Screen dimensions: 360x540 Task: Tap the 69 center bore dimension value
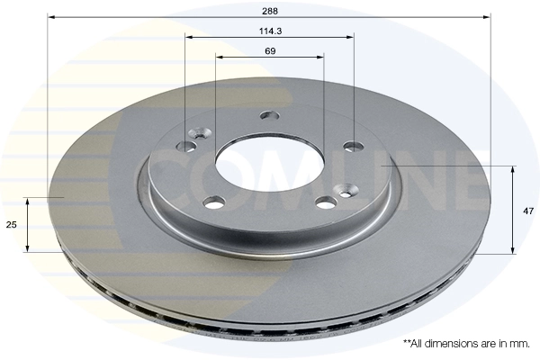(x=269, y=50)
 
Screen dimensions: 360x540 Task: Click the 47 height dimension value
(x=527, y=211)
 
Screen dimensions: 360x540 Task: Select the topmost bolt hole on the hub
(x=267, y=115)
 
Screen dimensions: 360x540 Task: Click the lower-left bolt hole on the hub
(x=213, y=202)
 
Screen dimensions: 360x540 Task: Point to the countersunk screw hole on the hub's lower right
(x=345, y=190)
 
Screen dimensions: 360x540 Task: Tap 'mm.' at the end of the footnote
(x=520, y=344)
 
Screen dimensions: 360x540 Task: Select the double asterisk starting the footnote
(x=406, y=343)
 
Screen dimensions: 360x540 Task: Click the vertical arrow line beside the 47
(x=513, y=209)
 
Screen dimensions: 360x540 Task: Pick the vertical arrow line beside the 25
(x=28, y=224)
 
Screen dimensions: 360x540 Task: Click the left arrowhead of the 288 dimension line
(x=51, y=16)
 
